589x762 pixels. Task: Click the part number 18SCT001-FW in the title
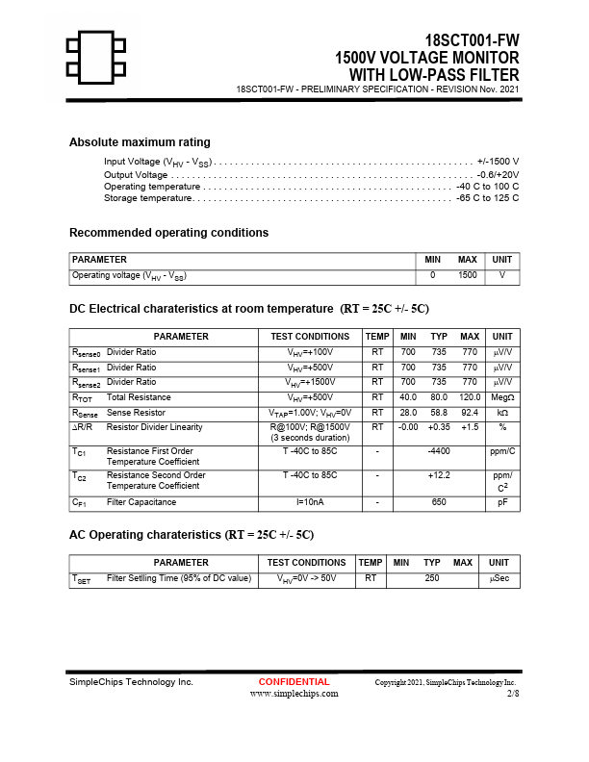[472, 40]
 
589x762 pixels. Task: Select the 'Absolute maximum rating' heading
[140, 142]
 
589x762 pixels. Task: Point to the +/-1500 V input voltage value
[498, 161]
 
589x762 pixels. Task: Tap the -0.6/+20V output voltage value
[498, 174]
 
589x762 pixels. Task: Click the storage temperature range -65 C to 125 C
[487, 198]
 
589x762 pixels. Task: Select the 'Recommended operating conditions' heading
[168, 233]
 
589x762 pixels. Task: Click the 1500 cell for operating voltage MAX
[468, 275]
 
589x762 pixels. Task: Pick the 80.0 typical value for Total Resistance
[439, 397]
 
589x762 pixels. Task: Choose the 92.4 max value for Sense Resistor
[470, 413]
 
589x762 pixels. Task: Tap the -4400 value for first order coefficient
[439, 451]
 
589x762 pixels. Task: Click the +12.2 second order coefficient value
[439, 475]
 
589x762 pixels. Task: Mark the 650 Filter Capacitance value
[439, 502]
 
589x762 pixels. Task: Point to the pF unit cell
[502, 502]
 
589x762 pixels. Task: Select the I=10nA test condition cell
[310, 502]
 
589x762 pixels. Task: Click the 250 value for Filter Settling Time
[432, 578]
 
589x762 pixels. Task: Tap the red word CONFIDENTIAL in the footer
[294, 682]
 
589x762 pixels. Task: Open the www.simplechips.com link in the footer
[294, 693]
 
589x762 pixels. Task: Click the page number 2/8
[512, 693]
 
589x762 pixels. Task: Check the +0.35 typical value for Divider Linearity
[439, 427]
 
